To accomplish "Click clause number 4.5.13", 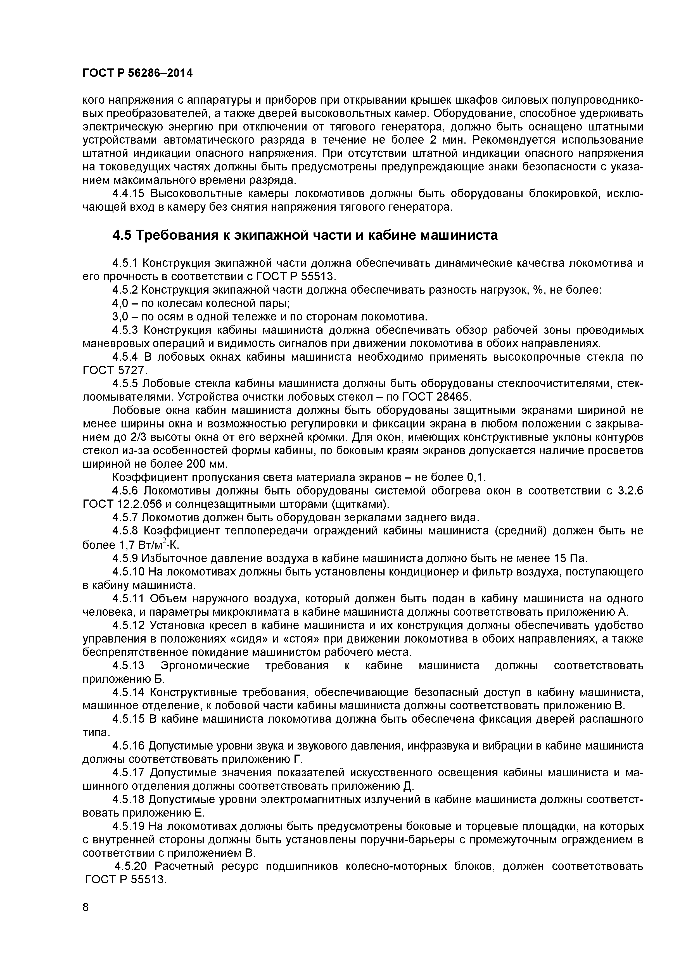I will [x=129, y=666].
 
